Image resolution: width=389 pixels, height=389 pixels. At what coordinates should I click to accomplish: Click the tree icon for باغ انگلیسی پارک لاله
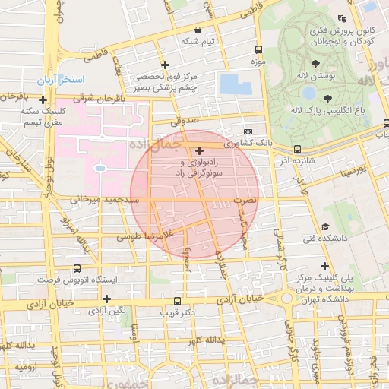[327, 98]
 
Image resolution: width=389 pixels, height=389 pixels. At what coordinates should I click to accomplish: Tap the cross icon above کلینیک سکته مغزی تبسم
[43, 100]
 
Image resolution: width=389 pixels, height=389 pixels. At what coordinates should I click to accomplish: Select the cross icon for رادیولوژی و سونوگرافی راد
[199, 151]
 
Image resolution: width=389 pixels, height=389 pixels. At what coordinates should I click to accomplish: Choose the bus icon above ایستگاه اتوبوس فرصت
[77, 268]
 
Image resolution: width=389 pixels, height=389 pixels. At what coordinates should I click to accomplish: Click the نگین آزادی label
[108, 310]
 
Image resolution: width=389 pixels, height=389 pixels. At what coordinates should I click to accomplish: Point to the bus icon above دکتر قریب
[177, 300]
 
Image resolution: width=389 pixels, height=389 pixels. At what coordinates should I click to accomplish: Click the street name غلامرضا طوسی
[141, 237]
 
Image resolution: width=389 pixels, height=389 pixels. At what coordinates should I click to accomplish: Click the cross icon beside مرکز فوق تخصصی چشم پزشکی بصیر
[165, 65]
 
